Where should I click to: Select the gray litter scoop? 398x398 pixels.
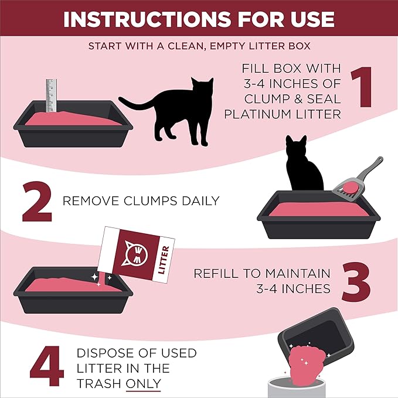coord(355,178)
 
